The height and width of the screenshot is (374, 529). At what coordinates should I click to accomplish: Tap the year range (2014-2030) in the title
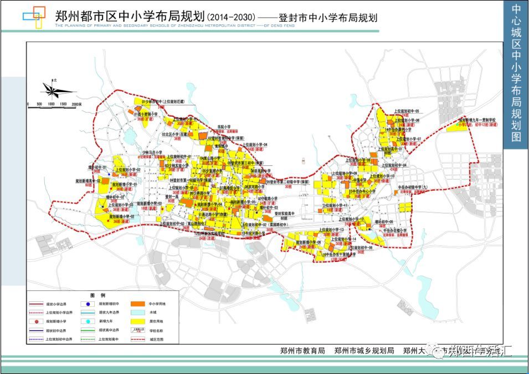(x=232, y=17)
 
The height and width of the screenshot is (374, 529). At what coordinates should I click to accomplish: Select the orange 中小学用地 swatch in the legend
(x=138, y=304)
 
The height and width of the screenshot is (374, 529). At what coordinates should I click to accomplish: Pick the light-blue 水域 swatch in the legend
(x=138, y=313)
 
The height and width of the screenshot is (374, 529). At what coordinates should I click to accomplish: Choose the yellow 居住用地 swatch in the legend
(x=138, y=321)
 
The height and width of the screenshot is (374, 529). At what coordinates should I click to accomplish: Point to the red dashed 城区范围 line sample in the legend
(x=138, y=338)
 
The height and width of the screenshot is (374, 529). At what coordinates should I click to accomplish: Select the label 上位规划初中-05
(x=407, y=110)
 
